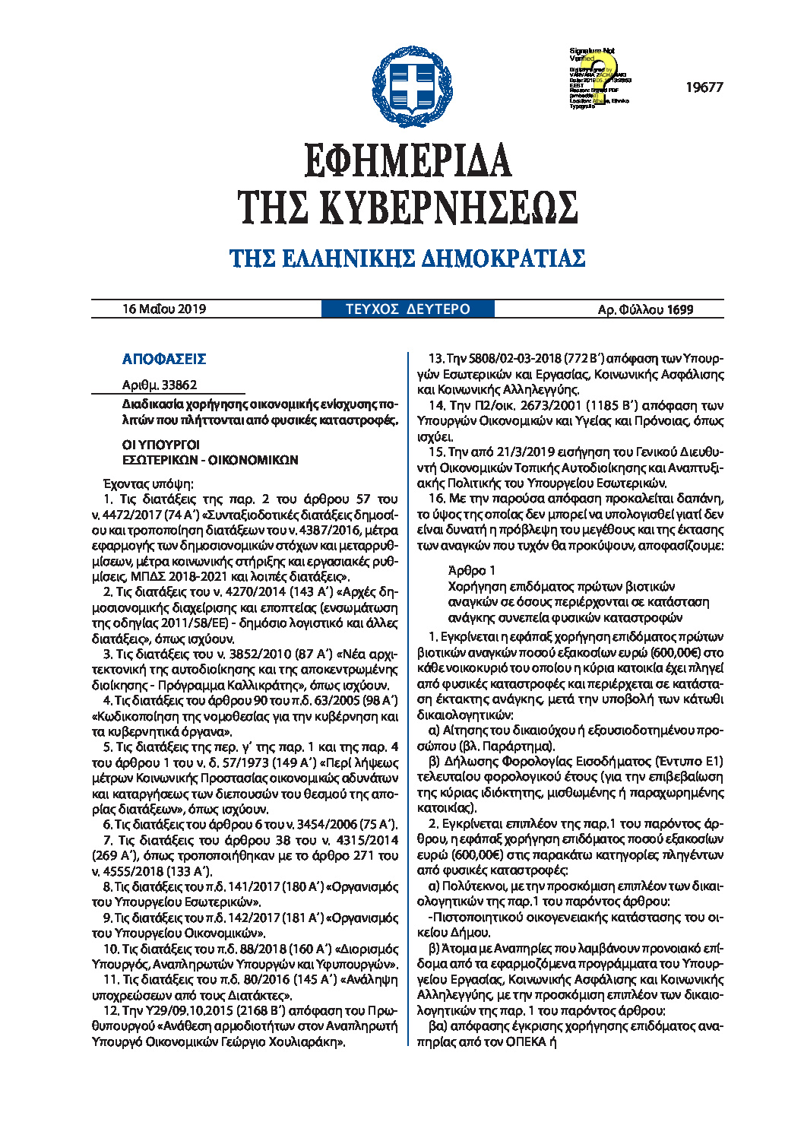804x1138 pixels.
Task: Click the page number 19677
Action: point(704,87)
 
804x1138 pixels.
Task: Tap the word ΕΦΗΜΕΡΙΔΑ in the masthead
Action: point(408,160)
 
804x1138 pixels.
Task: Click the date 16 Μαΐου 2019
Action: point(164,309)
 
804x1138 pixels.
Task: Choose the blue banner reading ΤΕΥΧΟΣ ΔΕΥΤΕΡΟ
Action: point(408,309)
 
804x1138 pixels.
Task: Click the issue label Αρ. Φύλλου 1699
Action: point(645,309)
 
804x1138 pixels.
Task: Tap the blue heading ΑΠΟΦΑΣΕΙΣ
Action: point(164,359)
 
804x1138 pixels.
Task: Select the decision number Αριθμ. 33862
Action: point(160,385)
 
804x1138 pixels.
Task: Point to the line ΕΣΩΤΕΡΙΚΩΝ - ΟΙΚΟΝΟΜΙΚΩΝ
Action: point(210,460)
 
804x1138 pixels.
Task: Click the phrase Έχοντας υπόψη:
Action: point(148,483)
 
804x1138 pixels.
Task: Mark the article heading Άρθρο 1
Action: point(472,570)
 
